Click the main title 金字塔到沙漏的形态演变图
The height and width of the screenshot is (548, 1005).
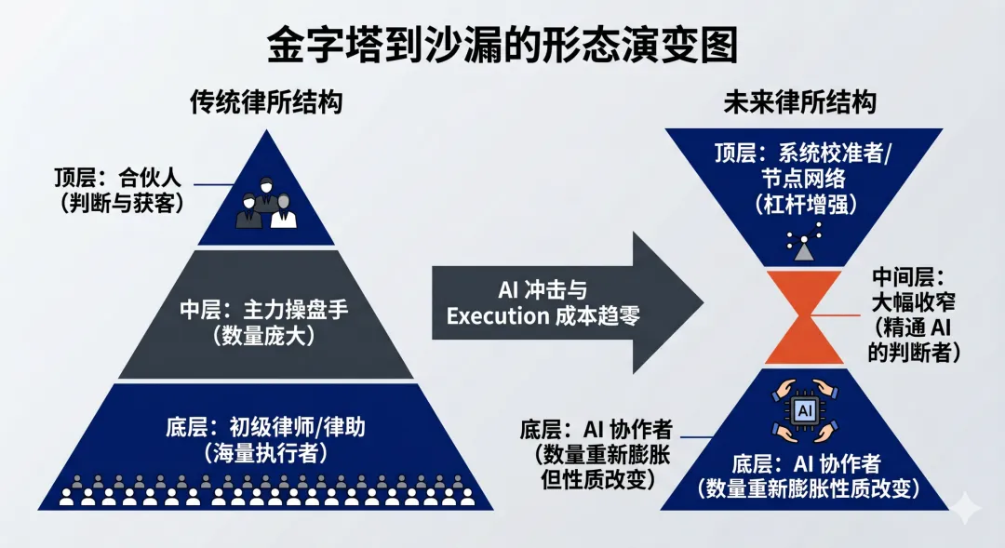pos(502,42)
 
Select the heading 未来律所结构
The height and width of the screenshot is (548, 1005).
pos(799,100)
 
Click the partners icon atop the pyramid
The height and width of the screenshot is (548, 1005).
pos(267,206)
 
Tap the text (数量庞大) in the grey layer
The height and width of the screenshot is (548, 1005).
pos(265,336)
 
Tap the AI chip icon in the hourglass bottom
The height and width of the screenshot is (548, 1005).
pos(799,410)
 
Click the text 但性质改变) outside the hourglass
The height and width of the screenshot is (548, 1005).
pos(598,479)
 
